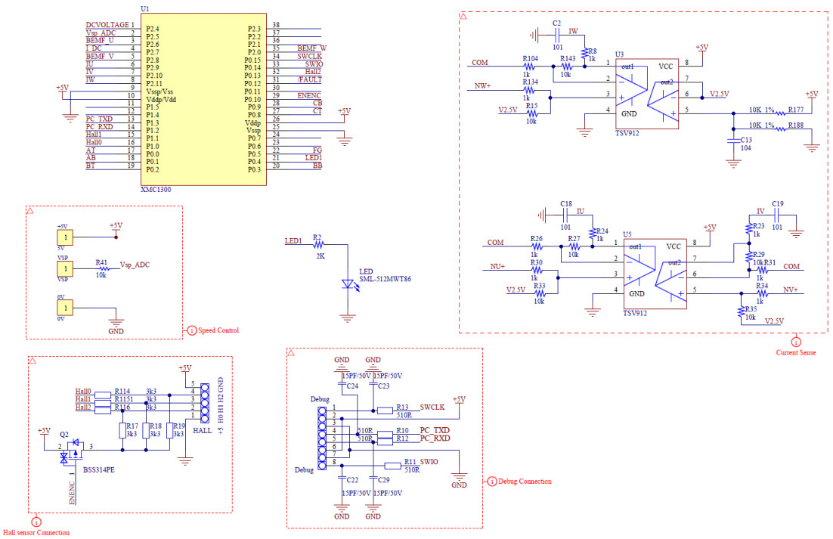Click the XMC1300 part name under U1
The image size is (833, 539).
pos(156,190)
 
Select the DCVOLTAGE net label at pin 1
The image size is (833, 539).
pos(107,25)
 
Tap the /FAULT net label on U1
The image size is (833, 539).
pos(310,79)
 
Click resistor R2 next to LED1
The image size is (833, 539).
pos(318,245)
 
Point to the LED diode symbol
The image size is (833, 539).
pos(348,284)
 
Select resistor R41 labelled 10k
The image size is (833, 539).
pos(101,270)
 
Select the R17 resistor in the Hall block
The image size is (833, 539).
pos(122,431)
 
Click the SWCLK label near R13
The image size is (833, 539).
pos(432,406)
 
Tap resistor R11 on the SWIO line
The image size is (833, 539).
pos(392,466)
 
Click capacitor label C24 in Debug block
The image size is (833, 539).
pos(352,386)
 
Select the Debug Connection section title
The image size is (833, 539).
pos(525,481)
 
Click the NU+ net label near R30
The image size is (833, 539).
pos(497,267)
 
